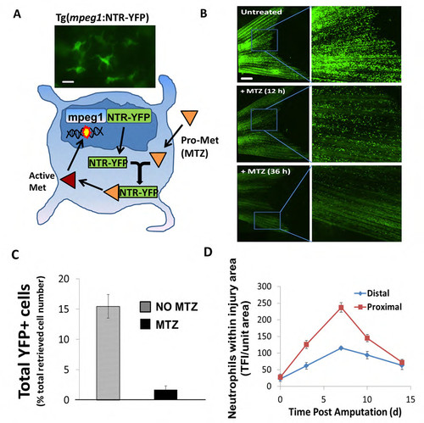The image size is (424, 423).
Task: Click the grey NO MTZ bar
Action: click(108, 353)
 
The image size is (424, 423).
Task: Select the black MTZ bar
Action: click(165, 395)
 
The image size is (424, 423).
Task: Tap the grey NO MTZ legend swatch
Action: click(145, 307)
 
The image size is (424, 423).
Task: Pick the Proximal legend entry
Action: click(378, 307)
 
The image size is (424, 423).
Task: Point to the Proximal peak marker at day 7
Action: click(341, 308)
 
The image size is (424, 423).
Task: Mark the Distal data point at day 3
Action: click(306, 366)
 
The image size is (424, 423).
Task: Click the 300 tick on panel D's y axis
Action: click(264, 287)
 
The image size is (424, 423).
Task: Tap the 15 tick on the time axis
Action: click(410, 399)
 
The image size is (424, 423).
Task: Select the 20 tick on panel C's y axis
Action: click(64, 279)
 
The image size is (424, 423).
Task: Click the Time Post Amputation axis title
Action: click(345, 412)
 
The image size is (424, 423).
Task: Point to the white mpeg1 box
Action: click(86, 116)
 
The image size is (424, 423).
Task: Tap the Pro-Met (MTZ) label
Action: click(199, 147)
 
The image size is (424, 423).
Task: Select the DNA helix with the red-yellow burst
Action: click(85, 132)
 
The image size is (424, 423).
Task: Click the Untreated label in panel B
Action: click(261, 12)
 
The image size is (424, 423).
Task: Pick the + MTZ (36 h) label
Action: click(265, 171)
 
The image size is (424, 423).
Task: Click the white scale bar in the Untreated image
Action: click(247, 78)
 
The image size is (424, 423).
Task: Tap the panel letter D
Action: click(208, 252)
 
